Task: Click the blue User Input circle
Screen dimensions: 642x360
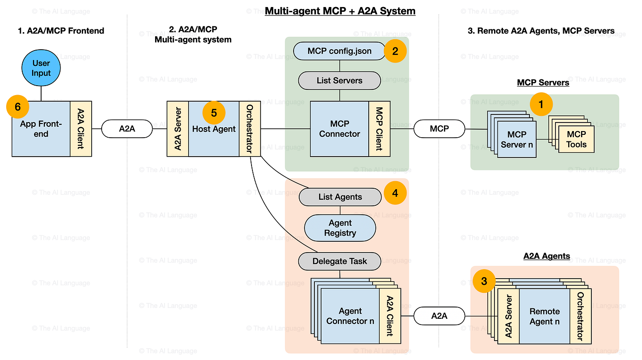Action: pos(41,68)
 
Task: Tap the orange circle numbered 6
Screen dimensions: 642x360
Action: pos(17,107)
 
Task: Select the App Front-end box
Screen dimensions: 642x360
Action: pos(41,134)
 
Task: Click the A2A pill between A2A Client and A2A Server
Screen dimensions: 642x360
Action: pos(127,129)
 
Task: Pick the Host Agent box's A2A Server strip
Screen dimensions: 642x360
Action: pos(178,129)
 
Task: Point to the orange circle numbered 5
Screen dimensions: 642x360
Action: pos(214,113)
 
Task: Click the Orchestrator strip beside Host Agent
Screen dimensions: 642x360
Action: pos(249,129)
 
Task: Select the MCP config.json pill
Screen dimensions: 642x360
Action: pos(339,51)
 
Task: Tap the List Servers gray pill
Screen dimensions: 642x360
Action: pos(339,80)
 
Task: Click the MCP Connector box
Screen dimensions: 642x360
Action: pos(339,129)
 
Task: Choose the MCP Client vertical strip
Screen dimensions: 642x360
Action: pos(379,129)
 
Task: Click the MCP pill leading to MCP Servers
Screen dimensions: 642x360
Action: pos(439,128)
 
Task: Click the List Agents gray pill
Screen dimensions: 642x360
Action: pos(340,197)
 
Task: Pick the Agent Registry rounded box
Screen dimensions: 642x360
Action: pos(340,228)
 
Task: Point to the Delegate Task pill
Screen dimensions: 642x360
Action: pos(340,261)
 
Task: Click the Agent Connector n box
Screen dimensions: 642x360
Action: pos(350,316)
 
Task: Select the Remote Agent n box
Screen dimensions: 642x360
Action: pos(544,316)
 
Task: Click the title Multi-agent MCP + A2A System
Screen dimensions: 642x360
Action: pos(340,11)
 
